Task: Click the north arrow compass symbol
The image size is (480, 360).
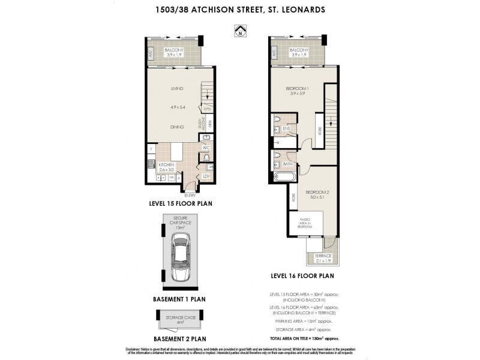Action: point(240,30)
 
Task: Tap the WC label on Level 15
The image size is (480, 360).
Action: point(206,146)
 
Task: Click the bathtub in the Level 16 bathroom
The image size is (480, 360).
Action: point(284,177)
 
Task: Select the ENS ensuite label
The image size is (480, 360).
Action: point(286,128)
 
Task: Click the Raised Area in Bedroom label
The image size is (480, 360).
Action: point(305,224)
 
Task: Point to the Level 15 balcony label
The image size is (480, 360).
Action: point(176,52)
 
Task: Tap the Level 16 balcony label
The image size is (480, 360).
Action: point(298,52)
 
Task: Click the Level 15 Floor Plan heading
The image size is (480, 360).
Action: point(181,203)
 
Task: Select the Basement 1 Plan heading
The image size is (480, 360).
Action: point(179,298)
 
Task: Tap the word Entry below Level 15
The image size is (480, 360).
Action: point(190,195)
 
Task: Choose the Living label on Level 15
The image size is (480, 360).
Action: point(176,89)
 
